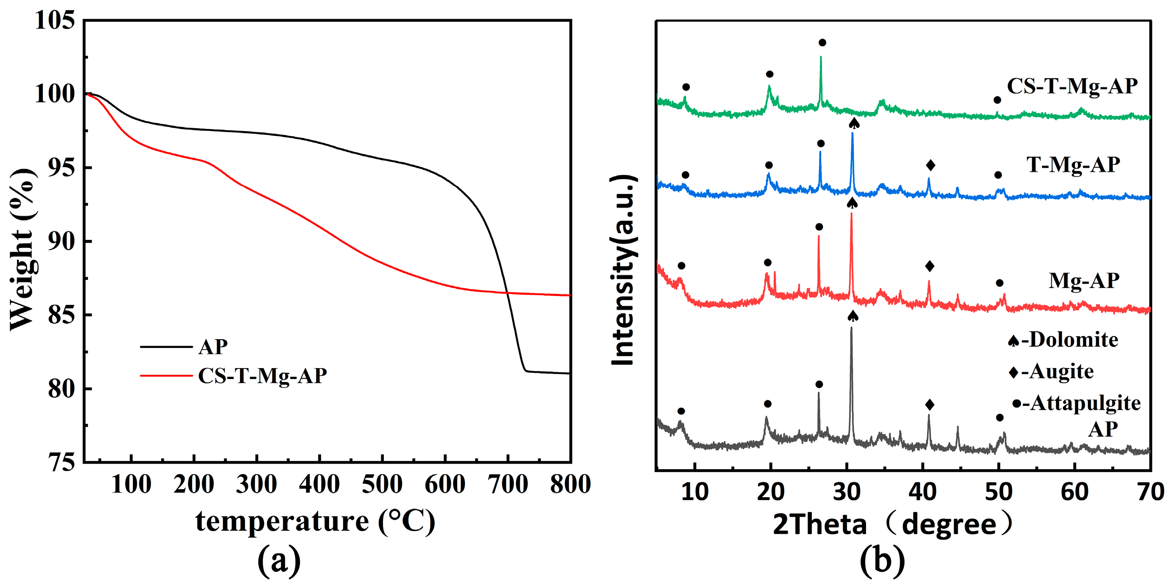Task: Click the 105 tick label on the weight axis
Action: point(54,21)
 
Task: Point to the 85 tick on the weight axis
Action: point(62,315)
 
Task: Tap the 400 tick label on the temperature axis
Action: point(319,484)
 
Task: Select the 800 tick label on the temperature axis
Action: point(570,484)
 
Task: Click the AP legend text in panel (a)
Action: point(213,347)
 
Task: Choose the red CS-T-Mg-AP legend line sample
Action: point(166,375)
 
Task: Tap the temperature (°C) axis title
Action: point(315,521)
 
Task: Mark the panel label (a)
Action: point(279,561)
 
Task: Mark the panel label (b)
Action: point(882,561)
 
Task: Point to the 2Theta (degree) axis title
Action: point(893,524)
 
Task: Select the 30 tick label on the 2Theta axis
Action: point(847,492)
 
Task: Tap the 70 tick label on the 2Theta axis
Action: point(1151,492)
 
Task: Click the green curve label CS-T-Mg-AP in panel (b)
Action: point(1072,86)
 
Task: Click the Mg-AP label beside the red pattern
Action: point(1084,281)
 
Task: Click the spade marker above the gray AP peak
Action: point(853,316)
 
